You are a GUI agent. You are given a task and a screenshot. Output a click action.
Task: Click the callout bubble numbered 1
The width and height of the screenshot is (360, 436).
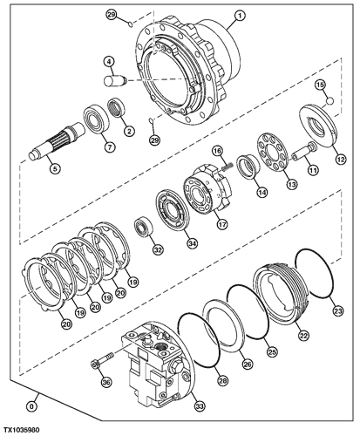coord(240,17)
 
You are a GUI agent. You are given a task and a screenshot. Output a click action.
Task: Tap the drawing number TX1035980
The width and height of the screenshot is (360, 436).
coord(21,430)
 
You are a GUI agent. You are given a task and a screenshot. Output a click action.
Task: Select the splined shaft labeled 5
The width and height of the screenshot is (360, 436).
coord(58,140)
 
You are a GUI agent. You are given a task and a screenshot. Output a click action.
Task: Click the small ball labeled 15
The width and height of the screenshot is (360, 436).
coord(329,100)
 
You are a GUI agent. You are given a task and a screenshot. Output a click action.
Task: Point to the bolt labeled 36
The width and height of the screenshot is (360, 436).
coord(102,360)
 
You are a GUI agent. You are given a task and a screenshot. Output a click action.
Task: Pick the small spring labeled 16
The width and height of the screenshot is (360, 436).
coord(228,167)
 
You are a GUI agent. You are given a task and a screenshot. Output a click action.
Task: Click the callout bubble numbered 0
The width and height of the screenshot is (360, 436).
coord(31,405)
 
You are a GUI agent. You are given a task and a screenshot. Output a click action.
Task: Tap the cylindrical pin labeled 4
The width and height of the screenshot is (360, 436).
coord(115,80)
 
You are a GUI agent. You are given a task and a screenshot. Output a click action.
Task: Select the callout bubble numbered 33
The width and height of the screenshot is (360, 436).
coord(200,405)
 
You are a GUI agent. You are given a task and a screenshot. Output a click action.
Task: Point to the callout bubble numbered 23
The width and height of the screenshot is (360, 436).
coord(338,310)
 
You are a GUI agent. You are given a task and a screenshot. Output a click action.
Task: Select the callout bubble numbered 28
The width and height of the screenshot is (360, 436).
coord(224,380)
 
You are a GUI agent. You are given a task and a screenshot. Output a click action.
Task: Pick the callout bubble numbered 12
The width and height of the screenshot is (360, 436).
coord(341,159)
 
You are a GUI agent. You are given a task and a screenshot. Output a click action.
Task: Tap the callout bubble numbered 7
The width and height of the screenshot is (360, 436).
coord(109,146)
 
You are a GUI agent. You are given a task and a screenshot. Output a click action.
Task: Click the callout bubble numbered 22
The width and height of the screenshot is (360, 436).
coord(303,335)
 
